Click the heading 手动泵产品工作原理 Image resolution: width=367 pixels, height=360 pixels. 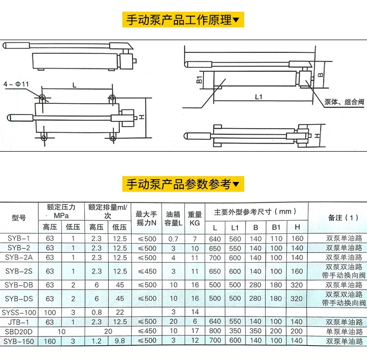click(183, 20)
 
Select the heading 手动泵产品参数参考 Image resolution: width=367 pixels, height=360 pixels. click(183, 184)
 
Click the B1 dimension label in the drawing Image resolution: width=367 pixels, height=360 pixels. click(199, 80)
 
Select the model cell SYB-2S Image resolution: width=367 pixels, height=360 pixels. click(19, 271)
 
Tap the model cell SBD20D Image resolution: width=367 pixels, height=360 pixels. click(19, 332)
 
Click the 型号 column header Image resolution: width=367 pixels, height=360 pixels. click(19, 218)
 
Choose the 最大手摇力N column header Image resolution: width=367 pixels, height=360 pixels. click(146, 218)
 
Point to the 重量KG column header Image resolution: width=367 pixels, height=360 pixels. click(195, 218)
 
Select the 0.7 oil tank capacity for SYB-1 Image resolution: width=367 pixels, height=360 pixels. click(173, 239)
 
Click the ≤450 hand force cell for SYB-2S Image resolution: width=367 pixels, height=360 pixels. click(146, 271)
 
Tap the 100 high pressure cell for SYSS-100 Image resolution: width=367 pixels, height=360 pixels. click(49, 312)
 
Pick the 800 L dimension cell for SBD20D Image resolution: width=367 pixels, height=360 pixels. click(215, 332)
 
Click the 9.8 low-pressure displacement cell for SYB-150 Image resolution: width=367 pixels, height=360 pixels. click(119, 341)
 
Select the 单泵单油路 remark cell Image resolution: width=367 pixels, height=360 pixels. click(344, 332)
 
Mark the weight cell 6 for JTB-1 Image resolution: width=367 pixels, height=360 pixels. click(195, 322)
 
